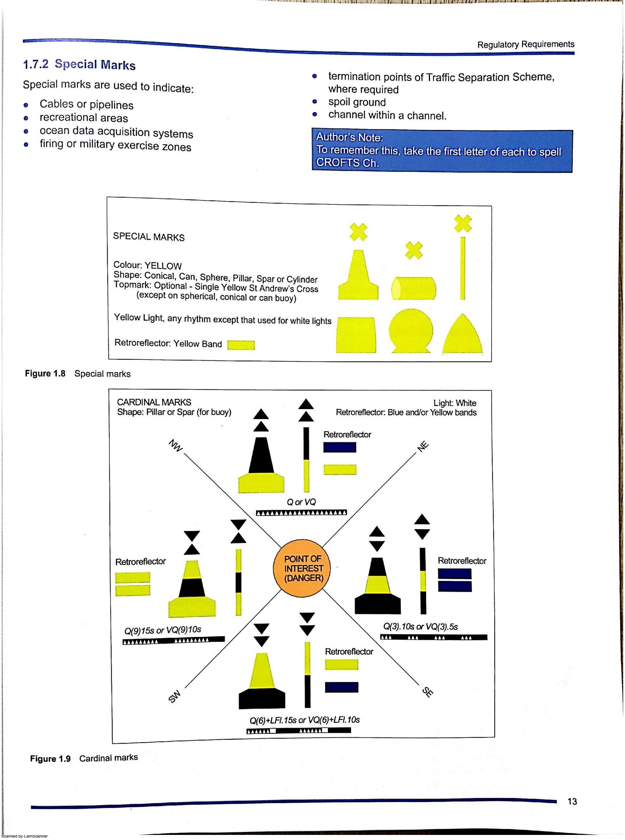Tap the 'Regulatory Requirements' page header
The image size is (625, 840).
click(525, 44)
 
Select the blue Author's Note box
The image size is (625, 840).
click(442, 151)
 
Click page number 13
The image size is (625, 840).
click(572, 801)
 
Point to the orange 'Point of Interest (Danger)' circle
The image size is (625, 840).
click(302, 568)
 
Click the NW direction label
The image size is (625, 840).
click(176, 445)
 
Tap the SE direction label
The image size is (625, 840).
click(428, 692)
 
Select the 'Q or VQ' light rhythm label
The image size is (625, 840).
click(301, 502)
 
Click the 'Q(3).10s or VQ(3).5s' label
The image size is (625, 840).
click(420, 627)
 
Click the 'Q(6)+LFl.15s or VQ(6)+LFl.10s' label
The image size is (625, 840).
click(304, 720)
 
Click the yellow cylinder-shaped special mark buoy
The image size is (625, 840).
click(413, 288)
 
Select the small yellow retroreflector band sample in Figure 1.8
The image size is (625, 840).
click(241, 345)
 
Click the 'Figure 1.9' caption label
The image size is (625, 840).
click(50, 759)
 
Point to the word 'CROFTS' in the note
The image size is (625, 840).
click(338, 163)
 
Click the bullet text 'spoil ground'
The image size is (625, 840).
click(357, 102)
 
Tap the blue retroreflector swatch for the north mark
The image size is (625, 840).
click(339, 447)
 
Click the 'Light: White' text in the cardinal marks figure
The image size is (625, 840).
click(454, 403)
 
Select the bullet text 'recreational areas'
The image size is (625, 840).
click(84, 118)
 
